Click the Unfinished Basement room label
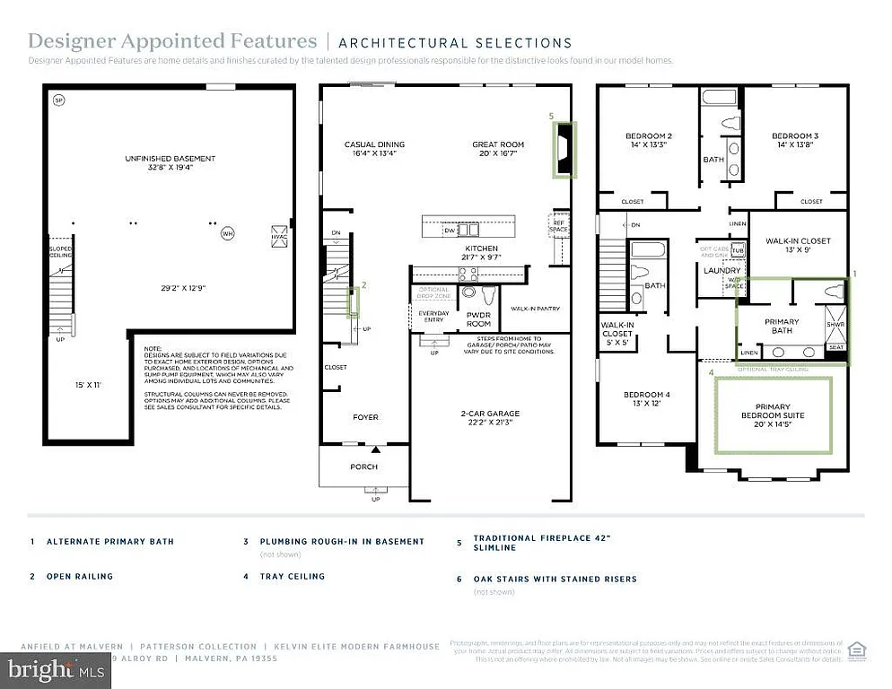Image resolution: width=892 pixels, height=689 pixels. (171, 159)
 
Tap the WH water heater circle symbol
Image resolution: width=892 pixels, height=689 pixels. (228, 233)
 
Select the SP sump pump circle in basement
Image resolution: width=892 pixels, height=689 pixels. (59, 100)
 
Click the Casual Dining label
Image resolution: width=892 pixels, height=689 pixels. (374, 144)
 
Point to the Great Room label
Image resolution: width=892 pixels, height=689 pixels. (498, 144)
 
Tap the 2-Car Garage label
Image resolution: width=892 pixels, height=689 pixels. (490, 414)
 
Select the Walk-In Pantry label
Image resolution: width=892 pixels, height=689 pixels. (536, 309)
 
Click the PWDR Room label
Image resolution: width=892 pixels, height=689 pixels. (478, 318)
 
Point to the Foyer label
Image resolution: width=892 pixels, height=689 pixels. (365, 417)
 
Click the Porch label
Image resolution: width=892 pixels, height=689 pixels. (364, 467)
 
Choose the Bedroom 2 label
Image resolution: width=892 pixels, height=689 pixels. (649, 136)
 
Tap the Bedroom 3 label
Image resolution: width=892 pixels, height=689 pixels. (795, 136)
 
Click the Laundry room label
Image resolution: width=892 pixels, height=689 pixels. (721, 270)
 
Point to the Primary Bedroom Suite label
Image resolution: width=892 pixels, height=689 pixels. (773, 411)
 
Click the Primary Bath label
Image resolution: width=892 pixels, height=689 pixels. (781, 326)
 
